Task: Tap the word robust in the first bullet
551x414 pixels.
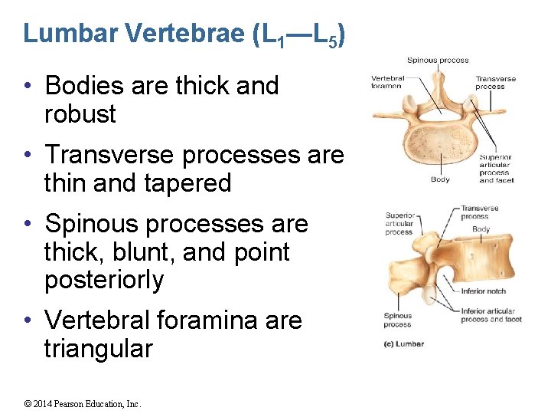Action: tap(80, 114)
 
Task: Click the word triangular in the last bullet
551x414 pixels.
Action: tap(99, 349)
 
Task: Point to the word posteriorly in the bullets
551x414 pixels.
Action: tap(104, 281)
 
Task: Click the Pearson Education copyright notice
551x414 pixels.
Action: tap(83, 404)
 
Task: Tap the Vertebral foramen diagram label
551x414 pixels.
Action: tap(387, 82)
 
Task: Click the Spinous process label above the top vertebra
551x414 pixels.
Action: tap(438, 60)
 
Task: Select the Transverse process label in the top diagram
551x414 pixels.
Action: tap(496, 82)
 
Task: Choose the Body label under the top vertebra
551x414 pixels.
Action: tap(440, 180)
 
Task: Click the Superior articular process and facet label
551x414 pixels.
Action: tap(495, 169)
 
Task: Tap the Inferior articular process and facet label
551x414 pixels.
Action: tap(491, 315)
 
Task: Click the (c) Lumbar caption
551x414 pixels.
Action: tap(404, 344)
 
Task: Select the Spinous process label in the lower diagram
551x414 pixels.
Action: tap(398, 320)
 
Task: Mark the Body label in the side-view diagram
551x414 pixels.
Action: tap(481, 229)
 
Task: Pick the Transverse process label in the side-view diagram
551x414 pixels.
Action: tap(480, 212)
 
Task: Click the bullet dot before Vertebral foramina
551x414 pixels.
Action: tap(28, 320)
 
